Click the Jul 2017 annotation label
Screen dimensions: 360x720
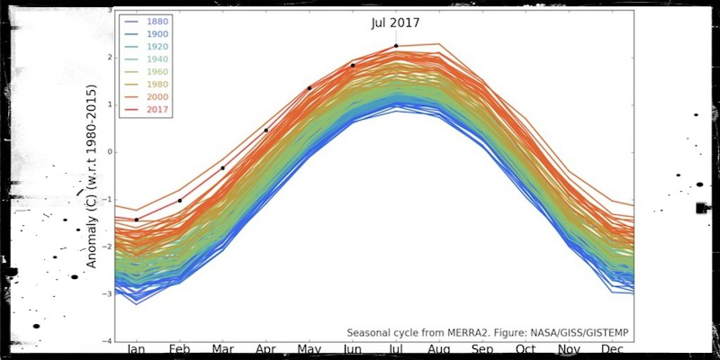point(395,23)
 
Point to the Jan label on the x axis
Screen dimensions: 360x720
point(136,350)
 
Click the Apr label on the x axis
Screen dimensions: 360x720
point(266,350)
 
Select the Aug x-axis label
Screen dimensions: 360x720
point(439,350)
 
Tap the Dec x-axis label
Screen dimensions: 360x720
point(612,350)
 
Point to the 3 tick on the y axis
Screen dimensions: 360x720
point(109,10)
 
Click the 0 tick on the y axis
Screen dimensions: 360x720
point(109,152)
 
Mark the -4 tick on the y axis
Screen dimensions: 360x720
point(107,341)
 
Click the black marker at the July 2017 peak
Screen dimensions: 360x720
point(396,46)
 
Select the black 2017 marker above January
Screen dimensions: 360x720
point(137,220)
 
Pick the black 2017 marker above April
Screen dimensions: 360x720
point(266,130)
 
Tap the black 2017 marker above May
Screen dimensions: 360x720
point(310,88)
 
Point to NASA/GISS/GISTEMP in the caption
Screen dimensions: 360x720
point(577,333)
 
